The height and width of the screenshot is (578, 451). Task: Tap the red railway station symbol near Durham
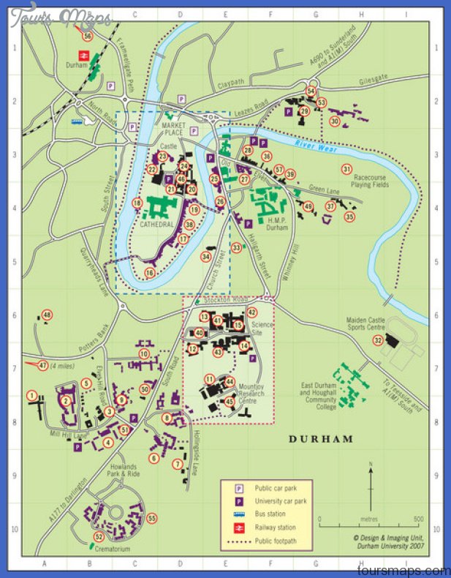coord(85,54)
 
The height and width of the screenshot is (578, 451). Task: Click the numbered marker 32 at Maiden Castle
coord(378,340)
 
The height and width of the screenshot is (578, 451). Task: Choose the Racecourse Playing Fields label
coord(374,182)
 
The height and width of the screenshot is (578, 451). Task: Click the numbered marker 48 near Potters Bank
coord(47,315)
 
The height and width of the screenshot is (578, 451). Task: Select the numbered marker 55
coord(152,519)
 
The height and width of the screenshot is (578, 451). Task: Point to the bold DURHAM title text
coord(320,440)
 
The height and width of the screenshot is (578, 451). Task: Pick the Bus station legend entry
coord(266,514)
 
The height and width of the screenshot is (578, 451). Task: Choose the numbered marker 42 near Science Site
coord(252,312)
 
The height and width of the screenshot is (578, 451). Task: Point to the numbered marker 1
coord(31,395)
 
